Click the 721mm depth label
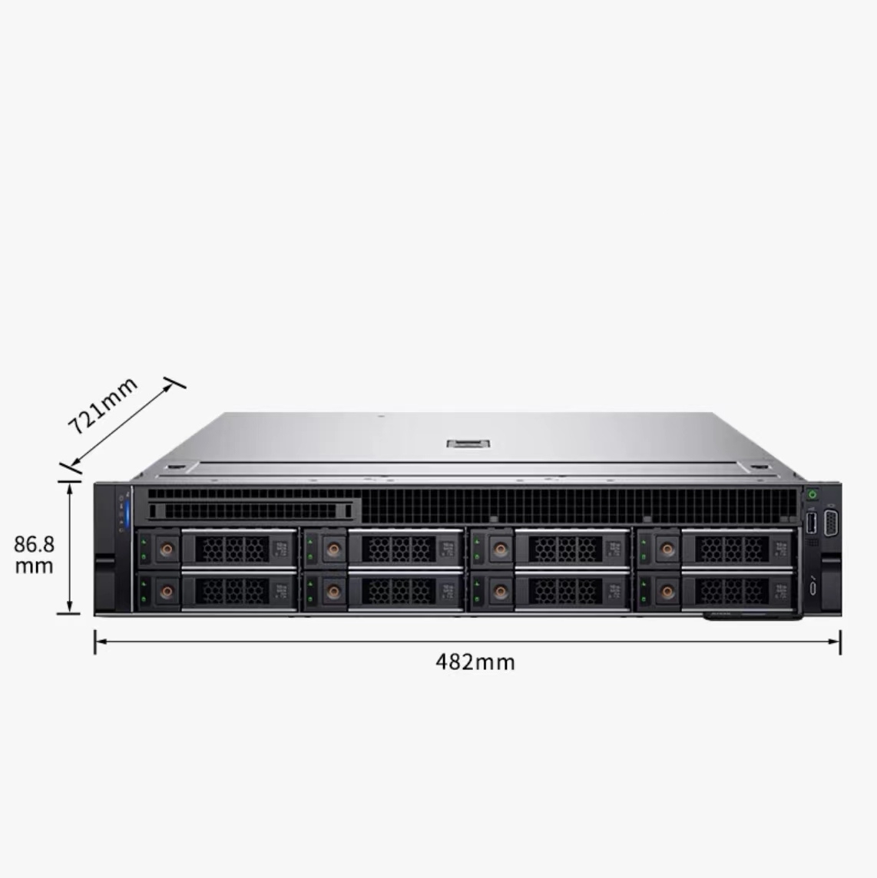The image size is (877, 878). pos(102,405)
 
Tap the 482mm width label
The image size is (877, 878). pos(475,662)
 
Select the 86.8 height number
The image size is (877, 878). pos(35,543)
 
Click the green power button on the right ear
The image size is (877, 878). pos(812,494)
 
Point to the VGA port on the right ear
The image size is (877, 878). pos(830,523)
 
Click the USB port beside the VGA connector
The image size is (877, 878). pos(812,523)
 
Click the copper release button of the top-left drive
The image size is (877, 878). pos(167,550)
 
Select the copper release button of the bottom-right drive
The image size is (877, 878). pos(667,591)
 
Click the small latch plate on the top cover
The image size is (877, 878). pos(468,444)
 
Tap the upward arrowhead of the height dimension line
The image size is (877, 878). pos(69,488)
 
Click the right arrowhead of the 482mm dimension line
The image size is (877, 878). pos(835,641)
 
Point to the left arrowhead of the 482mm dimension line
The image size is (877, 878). pos(101,641)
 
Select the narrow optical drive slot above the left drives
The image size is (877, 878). pos(250,510)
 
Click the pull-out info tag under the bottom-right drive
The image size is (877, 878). pos(753,616)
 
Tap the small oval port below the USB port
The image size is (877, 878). pos(812,588)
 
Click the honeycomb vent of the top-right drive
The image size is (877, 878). pos(732,550)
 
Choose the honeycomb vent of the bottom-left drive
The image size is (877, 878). pos(232,591)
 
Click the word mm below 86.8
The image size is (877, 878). pos(35,566)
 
